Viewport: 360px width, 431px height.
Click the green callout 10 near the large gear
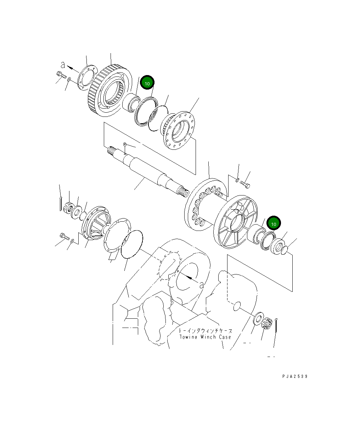pyautogui.click(x=147, y=83)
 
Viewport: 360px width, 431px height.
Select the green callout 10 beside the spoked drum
pyautogui.click(x=274, y=223)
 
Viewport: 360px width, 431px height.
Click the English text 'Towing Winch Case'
pyautogui.click(x=205, y=337)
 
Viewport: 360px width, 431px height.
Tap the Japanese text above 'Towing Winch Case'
pyautogui.click(x=206, y=330)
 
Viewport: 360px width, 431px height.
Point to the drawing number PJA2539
pyautogui.click(x=295, y=376)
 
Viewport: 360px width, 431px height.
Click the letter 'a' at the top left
pyautogui.click(x=63, y=65)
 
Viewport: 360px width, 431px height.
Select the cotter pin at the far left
pyautogui.click(x=61, y=205)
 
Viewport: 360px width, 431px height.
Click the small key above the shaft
pyautogui.click(x=125, y=144)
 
